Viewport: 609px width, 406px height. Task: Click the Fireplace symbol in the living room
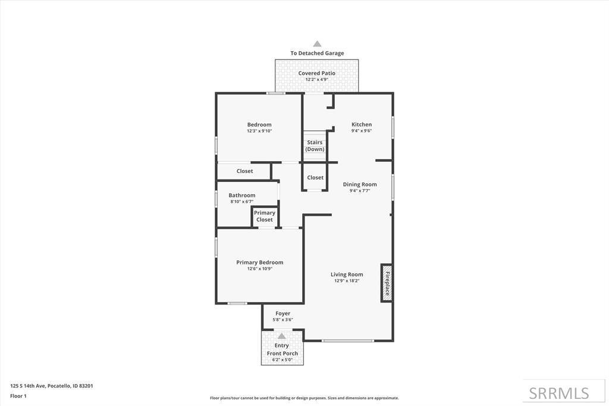(x=387, y=283)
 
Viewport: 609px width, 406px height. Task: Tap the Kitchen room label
(x=362, y=125)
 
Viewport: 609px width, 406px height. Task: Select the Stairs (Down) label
(x=315, y=146)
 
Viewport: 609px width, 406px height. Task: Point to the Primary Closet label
(x=265, y=216)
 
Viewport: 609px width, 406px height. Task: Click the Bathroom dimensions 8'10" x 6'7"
(x=242, y=202)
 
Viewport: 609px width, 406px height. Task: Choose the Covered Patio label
(x=317, y=73)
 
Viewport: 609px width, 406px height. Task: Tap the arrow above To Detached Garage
(x=317, y=44)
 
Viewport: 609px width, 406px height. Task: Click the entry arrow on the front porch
(x=282, y=336)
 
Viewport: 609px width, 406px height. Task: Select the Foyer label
(x=283, y=313)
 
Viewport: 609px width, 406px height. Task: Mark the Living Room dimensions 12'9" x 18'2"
(x=347, y=281)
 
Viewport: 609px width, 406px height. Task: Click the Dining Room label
(x=360, y=184)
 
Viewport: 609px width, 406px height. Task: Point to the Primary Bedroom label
(x=260, y=262)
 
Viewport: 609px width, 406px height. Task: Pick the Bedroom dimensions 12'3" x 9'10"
(x=259, y=131)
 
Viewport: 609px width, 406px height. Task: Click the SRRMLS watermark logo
(x=559, y=393)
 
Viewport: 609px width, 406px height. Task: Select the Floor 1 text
(x=18, y=396)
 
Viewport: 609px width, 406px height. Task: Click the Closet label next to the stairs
(x=315, y=178)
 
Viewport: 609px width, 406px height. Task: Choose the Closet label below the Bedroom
(x=244, y=171)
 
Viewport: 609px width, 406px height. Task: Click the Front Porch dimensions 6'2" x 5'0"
(x=282, y=360)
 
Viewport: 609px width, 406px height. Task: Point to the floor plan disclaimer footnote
(x=304, y=398)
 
